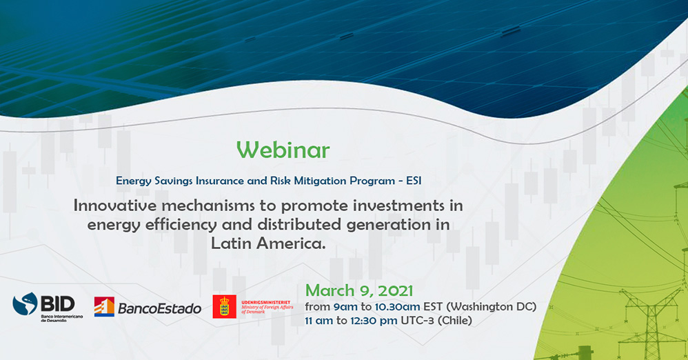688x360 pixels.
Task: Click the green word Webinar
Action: (x=283, y=150)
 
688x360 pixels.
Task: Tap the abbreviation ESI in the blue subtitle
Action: (x=414, y=181)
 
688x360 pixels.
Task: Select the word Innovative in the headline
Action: (x=114, y=206)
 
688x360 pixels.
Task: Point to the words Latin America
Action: (x=268, y=243)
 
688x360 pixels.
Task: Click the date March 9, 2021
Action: (x=359, y=290)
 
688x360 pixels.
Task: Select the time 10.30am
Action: (x=397, y=306)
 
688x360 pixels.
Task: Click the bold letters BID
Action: (x=57, y=304)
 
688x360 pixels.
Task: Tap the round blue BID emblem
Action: (x=25, y=304)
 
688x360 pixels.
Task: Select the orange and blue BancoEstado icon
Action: (x=104, y=306)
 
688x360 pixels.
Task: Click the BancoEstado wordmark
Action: (x=160, y=308)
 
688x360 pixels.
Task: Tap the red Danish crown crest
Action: (x=224, y=306)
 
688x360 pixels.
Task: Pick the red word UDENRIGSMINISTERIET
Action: (x=266, y=303)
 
